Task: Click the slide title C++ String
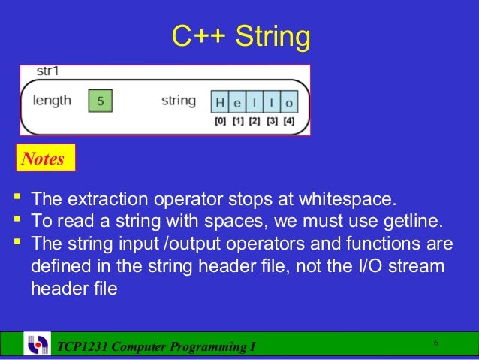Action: [x=240, y=35]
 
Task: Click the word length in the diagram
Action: [x=53, y=101]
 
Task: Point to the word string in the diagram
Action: [x=179, y=101]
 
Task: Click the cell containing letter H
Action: [x=219, y=102]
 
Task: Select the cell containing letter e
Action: [x=236, y=102]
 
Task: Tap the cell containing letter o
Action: [x=289, y=102]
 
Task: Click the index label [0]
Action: [x=220, y=121]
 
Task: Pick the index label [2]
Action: [x=255, y=121]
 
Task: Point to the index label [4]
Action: [x=289, y=121]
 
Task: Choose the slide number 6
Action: [x=435, y=343]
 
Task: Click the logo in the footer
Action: [x=37, y=345]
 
